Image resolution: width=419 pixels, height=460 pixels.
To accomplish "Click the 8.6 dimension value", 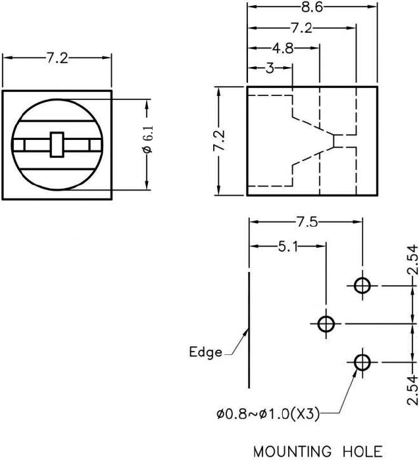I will coord(311,8).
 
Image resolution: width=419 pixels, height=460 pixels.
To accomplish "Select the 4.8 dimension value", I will coord(284,48).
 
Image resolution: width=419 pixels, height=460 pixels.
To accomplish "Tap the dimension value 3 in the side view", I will coord(270,68).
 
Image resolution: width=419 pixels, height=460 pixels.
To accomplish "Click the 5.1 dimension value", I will coord(288,247).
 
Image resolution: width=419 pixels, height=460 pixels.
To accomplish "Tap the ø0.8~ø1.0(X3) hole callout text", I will coord(268,414).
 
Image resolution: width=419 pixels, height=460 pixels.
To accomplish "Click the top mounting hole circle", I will coord(362,286).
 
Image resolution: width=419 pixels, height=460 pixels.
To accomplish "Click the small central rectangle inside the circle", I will coord(57,144).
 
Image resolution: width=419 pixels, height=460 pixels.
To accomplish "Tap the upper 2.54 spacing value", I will coord(412,261).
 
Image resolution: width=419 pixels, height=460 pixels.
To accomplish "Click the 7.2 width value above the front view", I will coord(57,58).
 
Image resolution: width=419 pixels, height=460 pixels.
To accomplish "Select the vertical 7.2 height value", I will coord(220,141).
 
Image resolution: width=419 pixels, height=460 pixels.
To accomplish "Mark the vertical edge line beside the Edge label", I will coord(249,329).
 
